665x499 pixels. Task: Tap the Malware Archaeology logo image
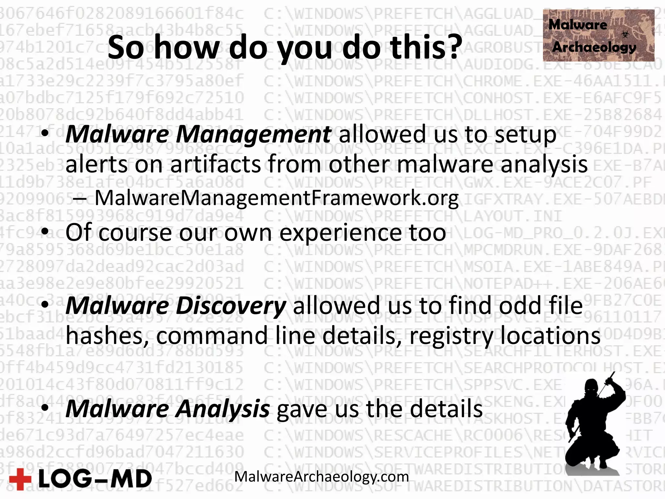point(598,35)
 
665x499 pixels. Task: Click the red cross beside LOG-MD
point(20,479)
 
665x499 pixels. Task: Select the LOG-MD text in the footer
point(95,479)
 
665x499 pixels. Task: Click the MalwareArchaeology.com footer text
point(321,477)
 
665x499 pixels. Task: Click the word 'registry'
point(451,336)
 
